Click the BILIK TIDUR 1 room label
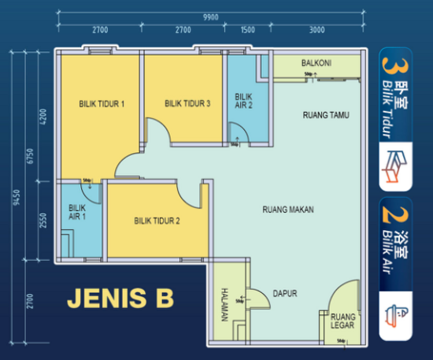[102, 103]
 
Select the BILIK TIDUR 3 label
[187, 103]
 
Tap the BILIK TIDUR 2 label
[157, 221]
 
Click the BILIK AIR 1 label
[76, 213]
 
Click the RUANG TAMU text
[325, 116]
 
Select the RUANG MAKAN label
[288, 210]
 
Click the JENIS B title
[120, 299]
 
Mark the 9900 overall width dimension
[210, 16]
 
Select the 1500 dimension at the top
[248, 30]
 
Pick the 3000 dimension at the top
[316, 30]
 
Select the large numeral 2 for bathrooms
[387, 213]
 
